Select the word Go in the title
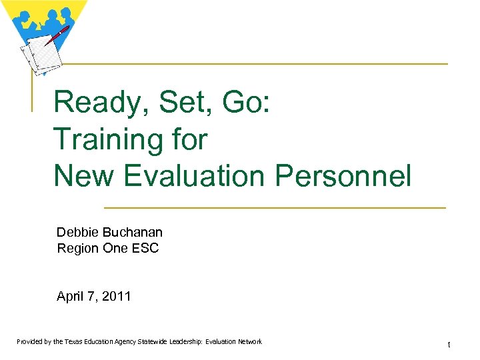click(x=247, y=104)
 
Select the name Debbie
click(x=77, y=232)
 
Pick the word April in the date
click(x=70, y=297)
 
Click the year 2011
click(x=117, y=297)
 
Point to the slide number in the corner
click(x=449, y=345)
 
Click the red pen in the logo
click(x=56, y=35)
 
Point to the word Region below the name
click(x=77, y=248)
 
